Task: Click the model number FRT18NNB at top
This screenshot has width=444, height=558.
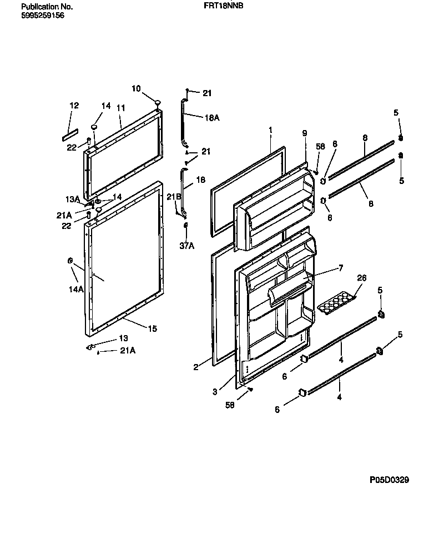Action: [x=228, y=5]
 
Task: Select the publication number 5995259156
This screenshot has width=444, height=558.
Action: [x=42, y=16]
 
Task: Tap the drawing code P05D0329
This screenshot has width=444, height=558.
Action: [x=389, y=480]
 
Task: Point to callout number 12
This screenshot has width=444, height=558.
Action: [x=74, y=105]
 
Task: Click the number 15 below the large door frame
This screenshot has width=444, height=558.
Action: [x=152, y=328]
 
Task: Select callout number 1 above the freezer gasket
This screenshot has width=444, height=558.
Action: [x=270, y=129]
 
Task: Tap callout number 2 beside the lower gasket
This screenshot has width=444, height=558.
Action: [x=195, y=367]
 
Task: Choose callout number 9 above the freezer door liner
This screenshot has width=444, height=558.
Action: [x=304, y=133]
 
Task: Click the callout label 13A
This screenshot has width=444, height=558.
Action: [x=73, y=199]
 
